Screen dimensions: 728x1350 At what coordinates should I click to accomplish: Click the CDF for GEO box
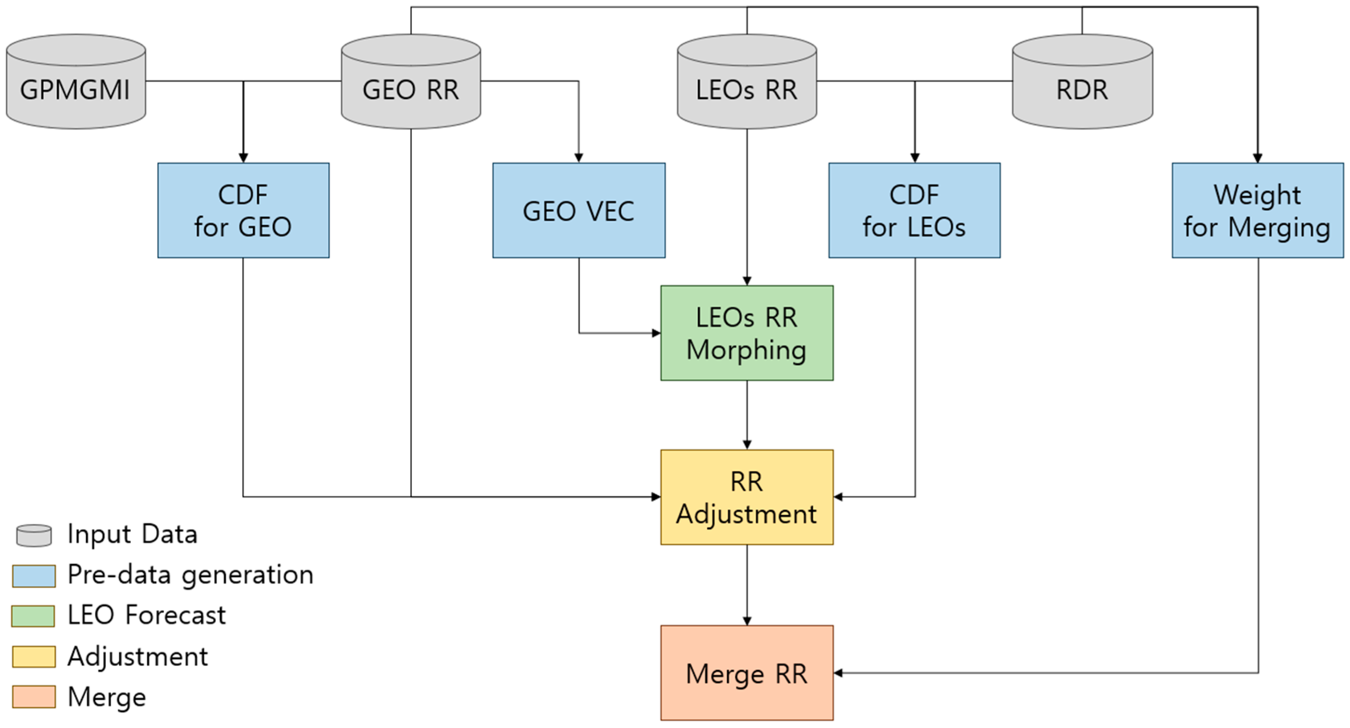click(x=243, y=210)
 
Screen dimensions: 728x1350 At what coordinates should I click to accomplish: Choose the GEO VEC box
click(x=578, y=210)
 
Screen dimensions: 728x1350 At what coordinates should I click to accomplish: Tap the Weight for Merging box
click(x=1257, y=210)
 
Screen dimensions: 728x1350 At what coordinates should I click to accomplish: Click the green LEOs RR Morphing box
click(x=746, y=333)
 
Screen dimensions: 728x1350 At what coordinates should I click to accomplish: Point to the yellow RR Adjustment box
click(x=746, y=497)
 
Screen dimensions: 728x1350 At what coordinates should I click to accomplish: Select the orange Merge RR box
click(x=746, y=673)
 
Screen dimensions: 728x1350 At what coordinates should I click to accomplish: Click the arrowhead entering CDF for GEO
click(x=243, y=157)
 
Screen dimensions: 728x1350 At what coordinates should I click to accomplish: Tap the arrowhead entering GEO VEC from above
click(x=578, y=157)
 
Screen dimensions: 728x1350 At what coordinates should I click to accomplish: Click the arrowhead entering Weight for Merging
click(x=1257, y=157)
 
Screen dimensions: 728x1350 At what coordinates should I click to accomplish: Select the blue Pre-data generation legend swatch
click(x=34, y=575)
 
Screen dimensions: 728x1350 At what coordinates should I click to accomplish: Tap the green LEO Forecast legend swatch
click(x=33, y=616)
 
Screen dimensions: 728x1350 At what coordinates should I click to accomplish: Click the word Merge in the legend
click(x=107, y=697)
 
